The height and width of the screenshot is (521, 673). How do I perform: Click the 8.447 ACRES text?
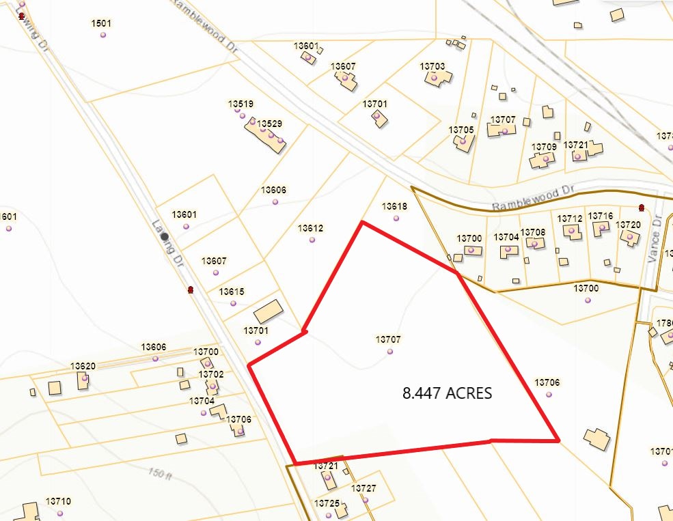pos(448,393)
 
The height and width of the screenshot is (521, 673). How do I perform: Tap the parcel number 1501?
pos(101,23)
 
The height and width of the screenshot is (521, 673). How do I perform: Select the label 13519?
pos(241,104)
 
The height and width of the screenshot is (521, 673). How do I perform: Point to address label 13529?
pos(269,124)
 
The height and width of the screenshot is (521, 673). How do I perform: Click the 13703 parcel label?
pos(432,66)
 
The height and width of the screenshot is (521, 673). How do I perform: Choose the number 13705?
pos(461,129)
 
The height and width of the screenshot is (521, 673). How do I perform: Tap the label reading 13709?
pos(544,147)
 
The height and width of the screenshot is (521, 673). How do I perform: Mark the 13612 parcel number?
pos(310,228)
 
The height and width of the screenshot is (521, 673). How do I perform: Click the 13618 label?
pos(394,206)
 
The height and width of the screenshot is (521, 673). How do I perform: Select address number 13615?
pos(232,292)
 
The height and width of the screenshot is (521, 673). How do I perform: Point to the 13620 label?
pos(83,366)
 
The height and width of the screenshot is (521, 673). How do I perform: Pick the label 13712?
pos(570,219)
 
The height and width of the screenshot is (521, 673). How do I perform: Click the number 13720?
pos(628,224)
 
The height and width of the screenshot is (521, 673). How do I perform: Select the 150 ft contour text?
pos(159,473)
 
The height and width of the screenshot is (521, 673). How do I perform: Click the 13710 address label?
pos(58,501)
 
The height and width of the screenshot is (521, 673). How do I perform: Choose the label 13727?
pos(363,488)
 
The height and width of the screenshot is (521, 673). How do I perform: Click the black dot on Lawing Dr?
pos(165,236)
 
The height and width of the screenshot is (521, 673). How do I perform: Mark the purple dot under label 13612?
pos(312,240)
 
